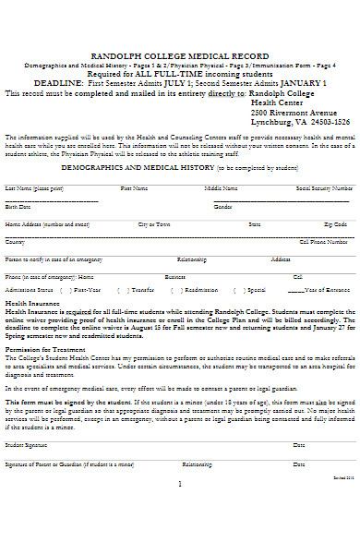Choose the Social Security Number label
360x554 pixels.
[x=321, y=187]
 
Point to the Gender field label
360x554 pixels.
[x=222, y=207]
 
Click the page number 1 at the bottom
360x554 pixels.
[x=180, y=483]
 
